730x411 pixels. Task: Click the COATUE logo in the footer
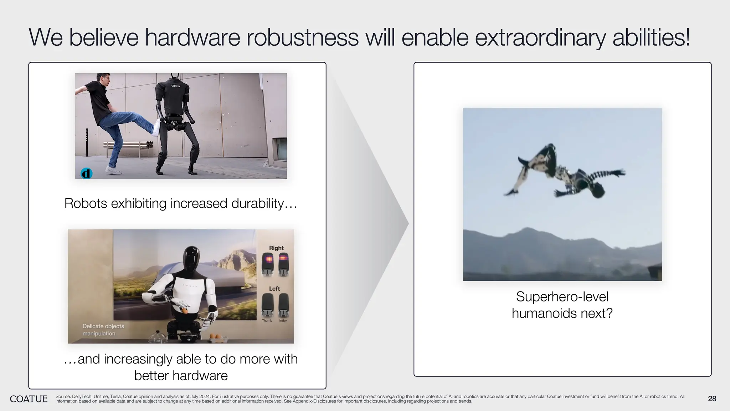pos(29,399)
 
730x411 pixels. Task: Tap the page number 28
pos(712,399)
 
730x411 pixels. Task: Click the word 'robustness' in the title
pos(302,37)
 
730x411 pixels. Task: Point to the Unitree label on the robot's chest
pos(176,86)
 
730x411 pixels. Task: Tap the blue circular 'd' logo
pos(86,173)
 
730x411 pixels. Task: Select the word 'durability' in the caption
pos(257,203)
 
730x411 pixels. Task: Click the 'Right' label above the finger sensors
pos(276,248)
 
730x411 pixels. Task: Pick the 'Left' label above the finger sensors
pos(274,289)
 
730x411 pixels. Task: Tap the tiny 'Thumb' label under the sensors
pos(267,321)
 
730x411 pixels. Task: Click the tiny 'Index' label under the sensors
pos(283,321)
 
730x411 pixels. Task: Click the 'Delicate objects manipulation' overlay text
pos(103,330)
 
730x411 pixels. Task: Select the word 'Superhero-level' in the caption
pos(562,296)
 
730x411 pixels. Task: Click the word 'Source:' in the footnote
pos(63,396)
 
